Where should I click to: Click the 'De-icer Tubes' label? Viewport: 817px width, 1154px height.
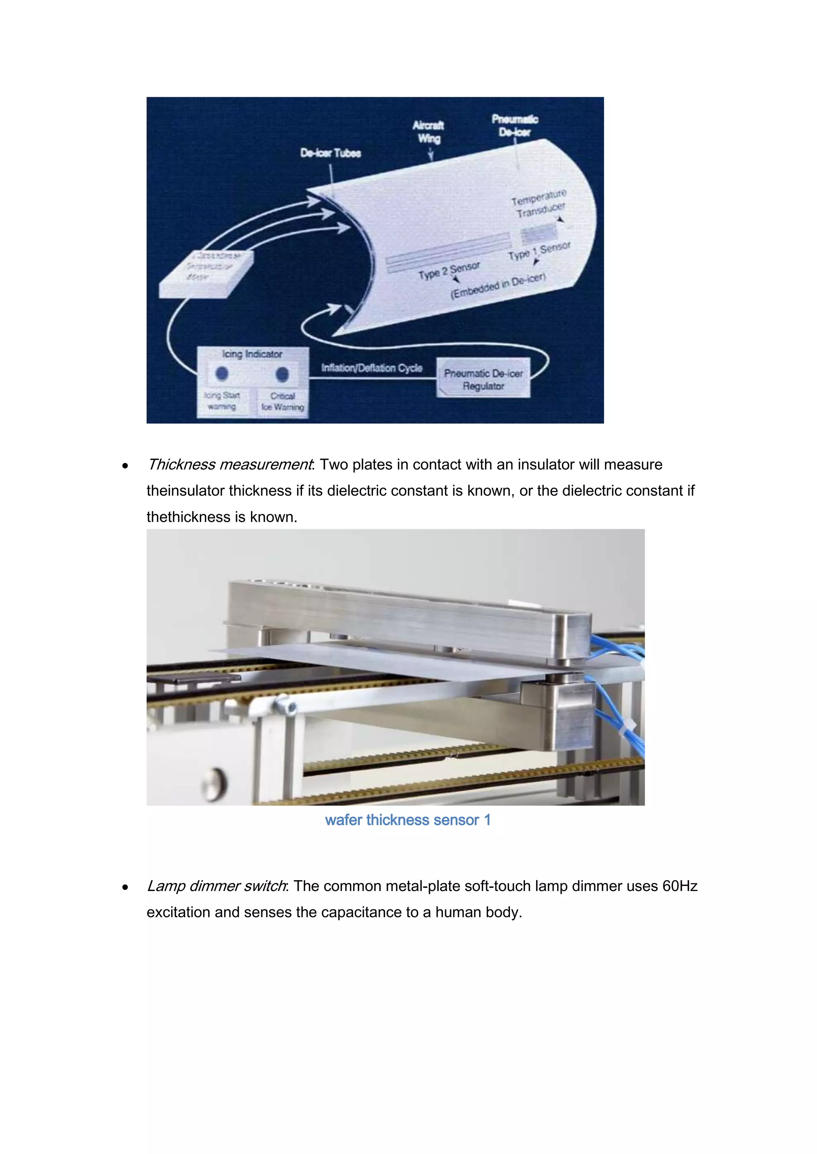coord(331,153)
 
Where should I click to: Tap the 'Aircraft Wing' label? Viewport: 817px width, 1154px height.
coord(428,131)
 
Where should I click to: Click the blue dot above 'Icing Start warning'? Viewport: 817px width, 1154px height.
coord(222,373)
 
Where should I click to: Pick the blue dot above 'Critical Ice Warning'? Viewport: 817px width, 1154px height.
coord(282,374)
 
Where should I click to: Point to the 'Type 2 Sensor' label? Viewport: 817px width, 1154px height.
coord(449,271)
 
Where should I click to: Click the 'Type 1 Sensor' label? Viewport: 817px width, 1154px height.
coord(539,251)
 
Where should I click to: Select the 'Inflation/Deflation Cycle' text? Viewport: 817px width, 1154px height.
coord(372,368)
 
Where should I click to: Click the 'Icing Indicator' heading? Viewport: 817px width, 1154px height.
coord(252,354)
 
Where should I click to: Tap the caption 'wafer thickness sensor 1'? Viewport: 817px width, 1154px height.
coord(407,820)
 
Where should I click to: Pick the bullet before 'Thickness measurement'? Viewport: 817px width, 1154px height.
coord(125,466)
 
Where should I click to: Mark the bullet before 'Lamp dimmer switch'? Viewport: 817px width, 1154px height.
coord(125,887)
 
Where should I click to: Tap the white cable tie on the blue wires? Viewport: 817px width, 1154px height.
coord(629,727)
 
